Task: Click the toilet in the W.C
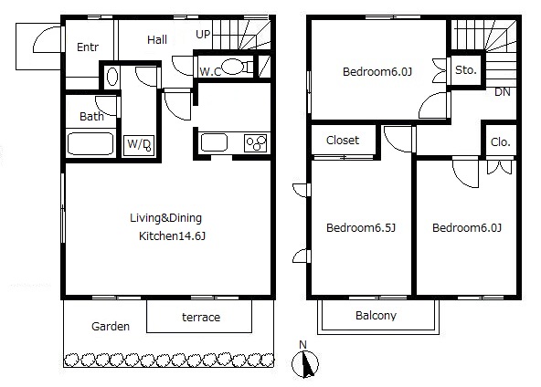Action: tap(237, 67)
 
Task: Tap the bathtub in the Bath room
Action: tap(90, 143)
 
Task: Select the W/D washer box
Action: tap(139, 145)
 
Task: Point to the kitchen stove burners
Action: tap(256, 143)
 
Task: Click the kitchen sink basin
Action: tap(214, 142)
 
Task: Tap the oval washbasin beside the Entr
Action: tap(112, 77)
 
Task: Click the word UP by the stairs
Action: tap(203, 35)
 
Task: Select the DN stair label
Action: tap(502, 92)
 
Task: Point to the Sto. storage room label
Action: tap(466, 70)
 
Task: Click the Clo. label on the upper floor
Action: tap(500, 142)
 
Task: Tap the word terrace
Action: tap(201, 317)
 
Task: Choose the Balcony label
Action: tap(377, 316)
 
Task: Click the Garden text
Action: tap(111, 327)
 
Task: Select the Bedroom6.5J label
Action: tap(361, 228)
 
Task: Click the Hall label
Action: tap(157, 40)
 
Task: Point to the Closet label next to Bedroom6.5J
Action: tap(343, 141)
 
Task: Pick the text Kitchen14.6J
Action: tap(172, 236)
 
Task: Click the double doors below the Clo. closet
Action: tap(500, 167)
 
